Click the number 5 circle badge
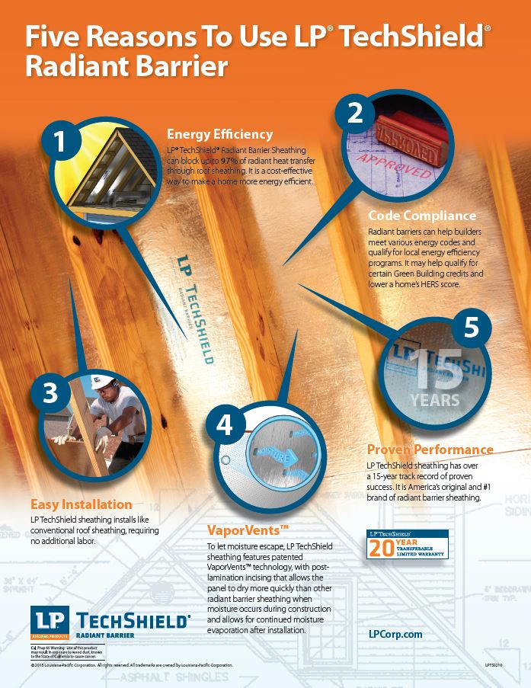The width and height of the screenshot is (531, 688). click(472, 327)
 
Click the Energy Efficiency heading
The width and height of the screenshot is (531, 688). click(219, 134)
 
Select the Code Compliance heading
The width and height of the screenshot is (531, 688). click(422, 216)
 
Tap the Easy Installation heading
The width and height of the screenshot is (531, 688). click(81, 504)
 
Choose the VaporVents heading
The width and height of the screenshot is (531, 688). click(248, 530)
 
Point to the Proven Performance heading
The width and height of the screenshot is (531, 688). click(430, 450)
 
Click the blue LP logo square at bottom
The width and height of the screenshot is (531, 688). click(50, 618)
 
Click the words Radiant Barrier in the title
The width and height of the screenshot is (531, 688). click(126, 66)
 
